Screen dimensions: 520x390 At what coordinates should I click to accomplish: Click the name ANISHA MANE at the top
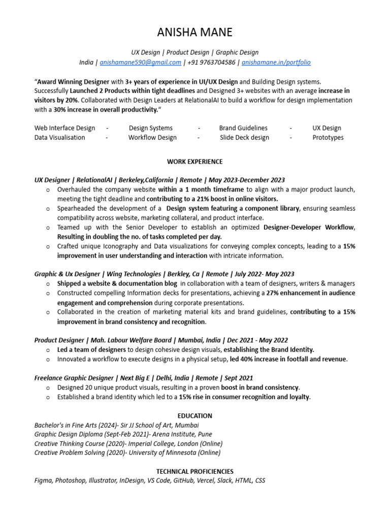click(x=194, y=32)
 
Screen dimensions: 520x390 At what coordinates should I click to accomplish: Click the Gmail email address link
click(x=141, y=62)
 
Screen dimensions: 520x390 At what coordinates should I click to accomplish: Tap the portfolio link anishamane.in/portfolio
click(x=276, y=62)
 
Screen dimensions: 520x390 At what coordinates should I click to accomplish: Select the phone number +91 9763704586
click(x=211, y=62)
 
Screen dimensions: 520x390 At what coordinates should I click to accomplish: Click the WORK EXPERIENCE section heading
click(x=194, y=161)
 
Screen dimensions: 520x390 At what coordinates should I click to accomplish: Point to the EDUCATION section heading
click(x=194, y=415)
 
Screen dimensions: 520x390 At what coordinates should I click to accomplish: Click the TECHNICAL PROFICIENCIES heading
click(x=194, y=471)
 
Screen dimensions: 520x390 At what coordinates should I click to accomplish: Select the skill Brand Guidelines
click(x=243, y=128)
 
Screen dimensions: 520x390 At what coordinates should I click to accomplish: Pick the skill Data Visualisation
click(x=60, y=138)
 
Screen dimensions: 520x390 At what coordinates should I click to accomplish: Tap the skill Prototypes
click(x=328, y=138)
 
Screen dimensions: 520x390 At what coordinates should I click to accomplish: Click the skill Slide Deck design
click(x=244, y=138)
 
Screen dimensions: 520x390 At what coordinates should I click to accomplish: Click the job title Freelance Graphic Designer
click(x=73, y=378)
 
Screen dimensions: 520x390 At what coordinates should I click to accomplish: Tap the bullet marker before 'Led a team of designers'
click(x=47, y=350)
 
